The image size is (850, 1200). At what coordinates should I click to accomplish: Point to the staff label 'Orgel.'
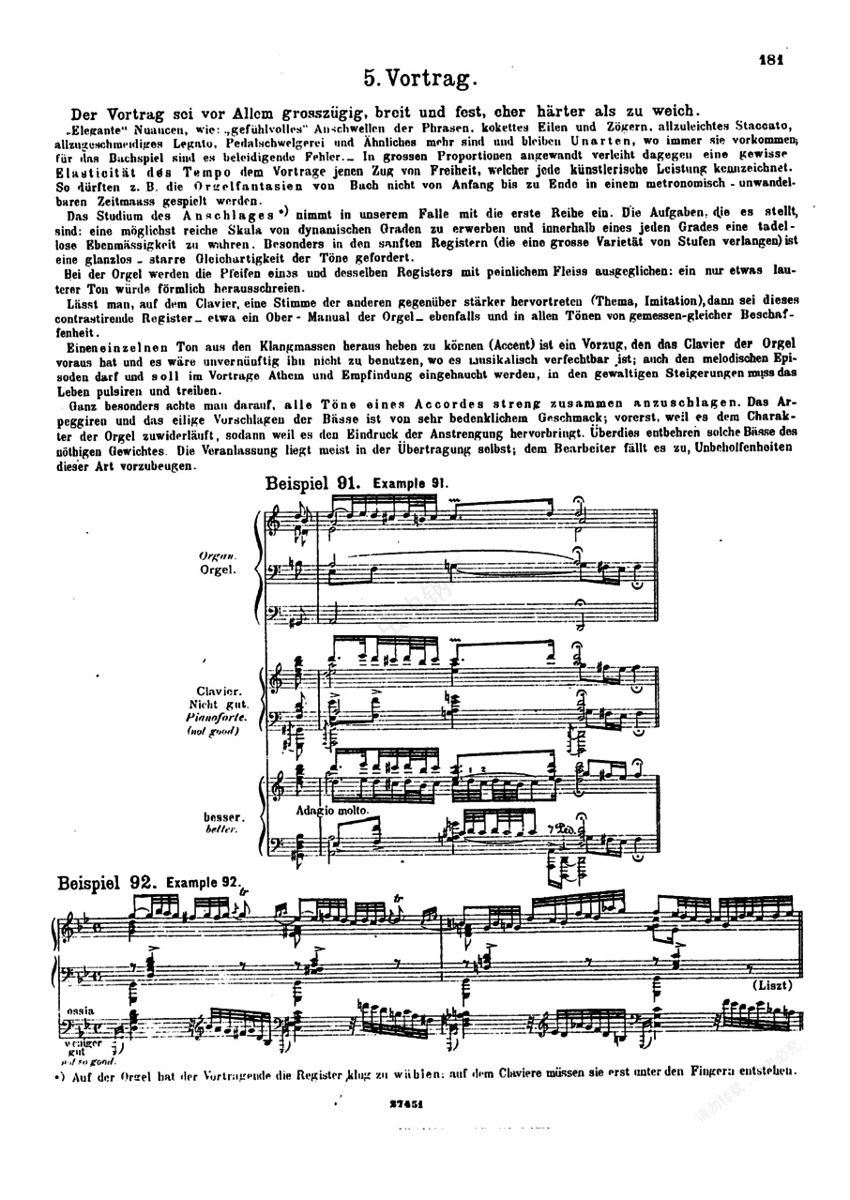(215, 570)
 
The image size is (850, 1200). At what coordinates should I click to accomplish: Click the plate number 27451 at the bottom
(408, 1107)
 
